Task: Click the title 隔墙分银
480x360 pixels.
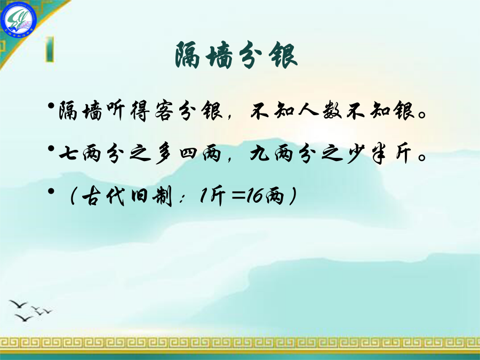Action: click(236, 55)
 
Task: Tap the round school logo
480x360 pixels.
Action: click(18, 20)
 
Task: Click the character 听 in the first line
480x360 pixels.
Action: click(116, 110)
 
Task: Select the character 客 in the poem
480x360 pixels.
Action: click(164, 110)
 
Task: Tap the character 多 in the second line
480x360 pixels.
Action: click(164, 153)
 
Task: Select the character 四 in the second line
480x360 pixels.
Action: click(188, 153)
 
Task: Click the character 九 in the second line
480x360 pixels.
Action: click(260, 153)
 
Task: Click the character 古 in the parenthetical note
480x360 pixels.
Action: click(92, 196)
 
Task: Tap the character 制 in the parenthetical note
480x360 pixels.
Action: click(163, 196)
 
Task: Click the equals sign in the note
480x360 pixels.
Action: click(238, 196)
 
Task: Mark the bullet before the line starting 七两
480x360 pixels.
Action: click(51, 148)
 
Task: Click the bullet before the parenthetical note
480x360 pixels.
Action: click(51, 191)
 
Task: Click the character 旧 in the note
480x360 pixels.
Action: click(140, 196)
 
